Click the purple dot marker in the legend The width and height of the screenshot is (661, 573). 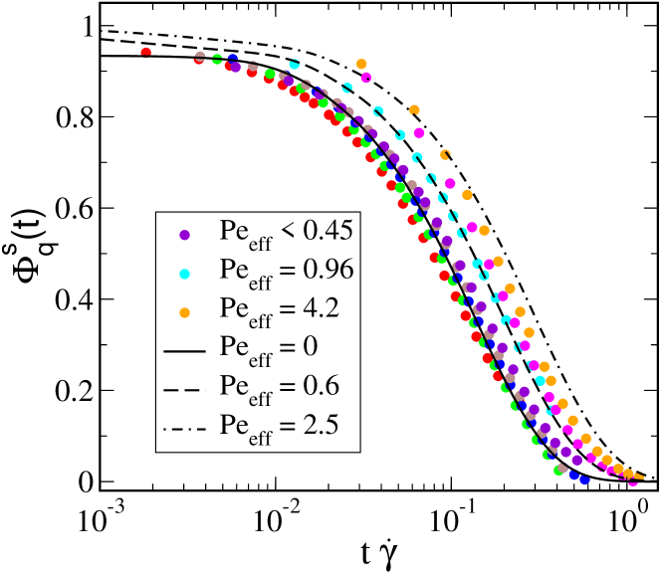[x=184, y=235]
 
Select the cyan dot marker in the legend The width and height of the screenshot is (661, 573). [x=184, y=274]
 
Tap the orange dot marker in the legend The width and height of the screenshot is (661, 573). [x=184, y=312]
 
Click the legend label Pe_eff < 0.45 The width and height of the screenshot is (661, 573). [x=286, y=233]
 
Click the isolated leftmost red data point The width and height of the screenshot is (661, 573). [x=146, y=52]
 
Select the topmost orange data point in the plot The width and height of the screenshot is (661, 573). [x=361, y=64]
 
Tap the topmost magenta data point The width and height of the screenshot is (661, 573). [x=366, y=78]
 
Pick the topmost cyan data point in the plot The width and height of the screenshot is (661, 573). [x=295, y=64]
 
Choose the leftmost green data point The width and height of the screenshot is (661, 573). [x=217, y=60]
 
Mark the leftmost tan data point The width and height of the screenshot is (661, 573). [x=199, y=56]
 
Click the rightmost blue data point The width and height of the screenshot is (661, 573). [x=585, y=479]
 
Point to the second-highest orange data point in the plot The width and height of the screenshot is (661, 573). [x=414, y=109]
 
